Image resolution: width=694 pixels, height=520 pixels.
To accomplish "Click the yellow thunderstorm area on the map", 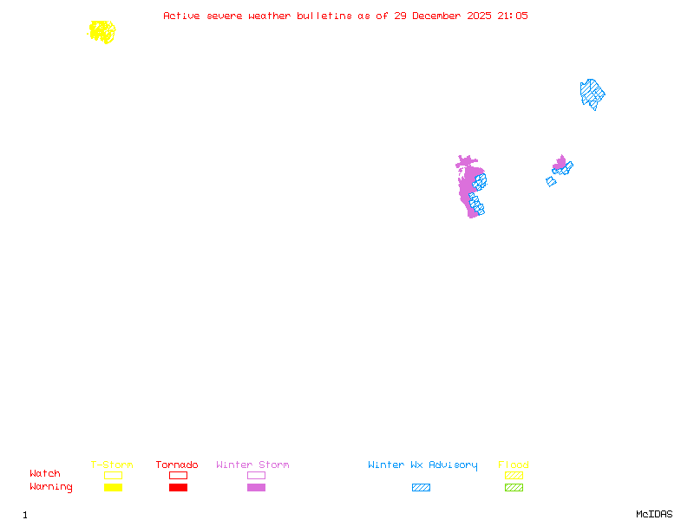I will coord(101,32).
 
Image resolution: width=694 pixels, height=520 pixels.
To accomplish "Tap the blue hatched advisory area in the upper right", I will coord(592,93).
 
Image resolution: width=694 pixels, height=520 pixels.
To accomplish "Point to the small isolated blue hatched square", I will coord(551,182).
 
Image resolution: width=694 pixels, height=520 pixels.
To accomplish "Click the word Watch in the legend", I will coord(45,474).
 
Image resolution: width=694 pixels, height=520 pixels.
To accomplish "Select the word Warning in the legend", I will coord(51,487).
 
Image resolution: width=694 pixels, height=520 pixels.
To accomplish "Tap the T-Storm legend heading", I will coord(112,465).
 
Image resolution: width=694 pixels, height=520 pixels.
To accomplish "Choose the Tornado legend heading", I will coord(177,465).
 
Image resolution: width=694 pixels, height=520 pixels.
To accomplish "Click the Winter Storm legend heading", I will coord(252,465).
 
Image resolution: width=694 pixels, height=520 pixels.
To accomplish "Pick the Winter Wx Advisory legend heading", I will coord(422,465).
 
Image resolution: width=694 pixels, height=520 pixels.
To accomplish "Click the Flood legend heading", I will coord(514,465).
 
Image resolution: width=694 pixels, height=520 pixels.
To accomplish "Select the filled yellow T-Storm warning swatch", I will coord(113,488).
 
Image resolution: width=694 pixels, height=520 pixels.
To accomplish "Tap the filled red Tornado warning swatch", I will coord(178,488).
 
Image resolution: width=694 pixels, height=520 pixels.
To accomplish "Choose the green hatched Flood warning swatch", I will coord(514,488).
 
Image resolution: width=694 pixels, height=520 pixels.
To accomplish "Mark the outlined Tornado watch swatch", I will coord(178,475).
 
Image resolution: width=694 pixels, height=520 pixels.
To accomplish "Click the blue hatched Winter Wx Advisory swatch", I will coord(421,488).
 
